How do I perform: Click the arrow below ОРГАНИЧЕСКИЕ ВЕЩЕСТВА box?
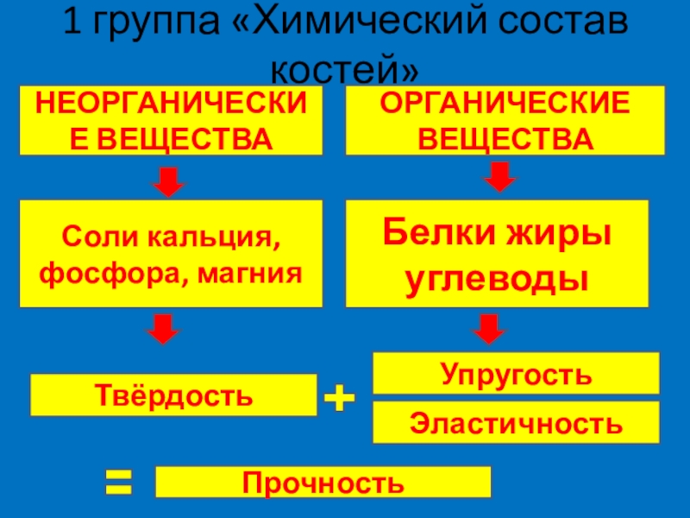(498, 177)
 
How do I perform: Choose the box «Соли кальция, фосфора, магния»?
(172, 254)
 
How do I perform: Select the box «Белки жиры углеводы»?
(498, 254)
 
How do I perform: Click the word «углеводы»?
(498, 280)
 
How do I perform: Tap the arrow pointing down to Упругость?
(490, 328)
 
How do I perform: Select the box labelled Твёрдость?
(173, 395)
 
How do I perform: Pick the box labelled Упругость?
(515, 374)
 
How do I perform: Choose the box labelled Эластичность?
(515, 422)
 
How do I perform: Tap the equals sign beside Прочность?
(119, 482)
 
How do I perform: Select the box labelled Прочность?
(323, 482)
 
